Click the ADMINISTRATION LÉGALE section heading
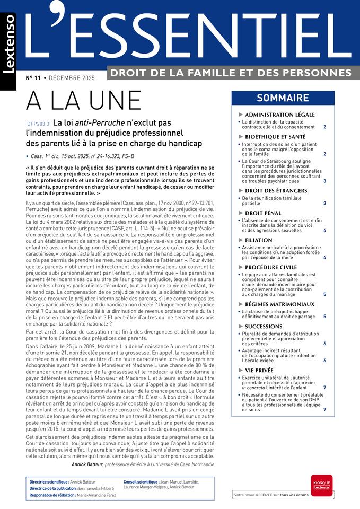[287, 115]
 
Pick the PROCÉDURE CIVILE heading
[278, 267]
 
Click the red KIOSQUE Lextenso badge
[321, 485]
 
